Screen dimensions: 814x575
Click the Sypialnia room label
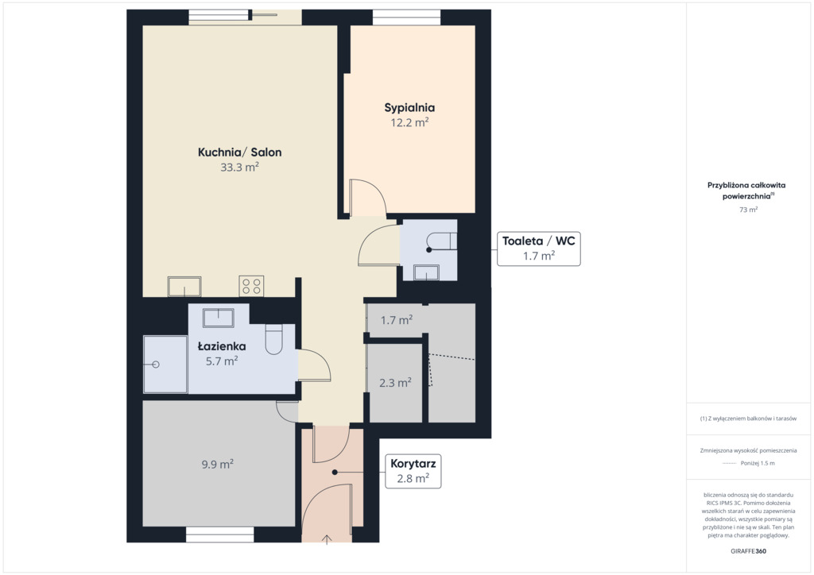point(409,108)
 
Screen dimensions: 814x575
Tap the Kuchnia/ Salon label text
point(240,152)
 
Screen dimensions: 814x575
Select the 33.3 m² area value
point(240,167)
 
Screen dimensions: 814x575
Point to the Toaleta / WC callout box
point(539,249)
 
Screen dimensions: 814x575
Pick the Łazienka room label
point(222,345)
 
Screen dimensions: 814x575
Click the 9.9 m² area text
point(218,464)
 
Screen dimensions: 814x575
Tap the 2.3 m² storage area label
point(396,383)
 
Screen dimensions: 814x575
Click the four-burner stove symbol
point(251,286)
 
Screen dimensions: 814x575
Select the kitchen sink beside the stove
point(184,286)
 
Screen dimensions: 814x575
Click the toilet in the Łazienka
point(273,340)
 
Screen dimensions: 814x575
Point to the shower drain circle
point(155,365)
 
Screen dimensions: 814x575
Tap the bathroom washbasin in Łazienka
point(219,318)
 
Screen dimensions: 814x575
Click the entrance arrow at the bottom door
point(327,540)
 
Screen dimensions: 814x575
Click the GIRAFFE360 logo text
point(748,551)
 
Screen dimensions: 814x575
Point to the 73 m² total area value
point(748,210)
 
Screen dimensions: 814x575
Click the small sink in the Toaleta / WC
point(427,272)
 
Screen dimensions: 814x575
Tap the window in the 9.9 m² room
point(220,535)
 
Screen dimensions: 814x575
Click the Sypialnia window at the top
point(406,17)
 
